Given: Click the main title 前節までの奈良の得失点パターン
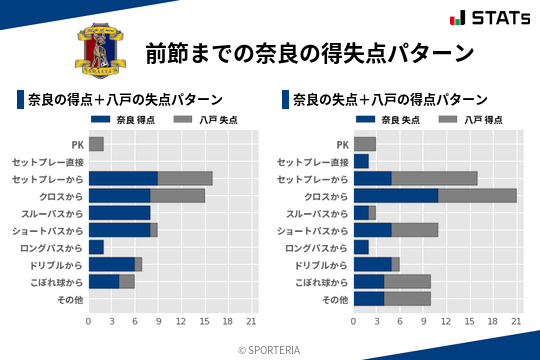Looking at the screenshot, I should tap(309, 52).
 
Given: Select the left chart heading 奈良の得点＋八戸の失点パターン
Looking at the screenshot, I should tap(125, 100).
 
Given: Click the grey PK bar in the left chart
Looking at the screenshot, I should tap(96, 144).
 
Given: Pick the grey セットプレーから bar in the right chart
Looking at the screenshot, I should tap(434, 179).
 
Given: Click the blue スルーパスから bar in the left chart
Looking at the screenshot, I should tap(119, 213).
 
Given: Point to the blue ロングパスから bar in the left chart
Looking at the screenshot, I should tap(96, 247).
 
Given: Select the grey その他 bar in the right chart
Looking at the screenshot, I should tap(407, 299).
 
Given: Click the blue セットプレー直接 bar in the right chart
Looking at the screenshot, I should tap(361, 161).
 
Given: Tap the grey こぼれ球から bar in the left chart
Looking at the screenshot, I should tap(127, 282).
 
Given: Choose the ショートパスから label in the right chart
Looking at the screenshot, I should tap(316, 230).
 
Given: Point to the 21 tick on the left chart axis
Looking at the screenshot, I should tap(252, 322).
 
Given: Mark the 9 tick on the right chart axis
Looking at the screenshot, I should tap(423, 322).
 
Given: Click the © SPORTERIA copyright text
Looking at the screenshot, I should tap(270, 350).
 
